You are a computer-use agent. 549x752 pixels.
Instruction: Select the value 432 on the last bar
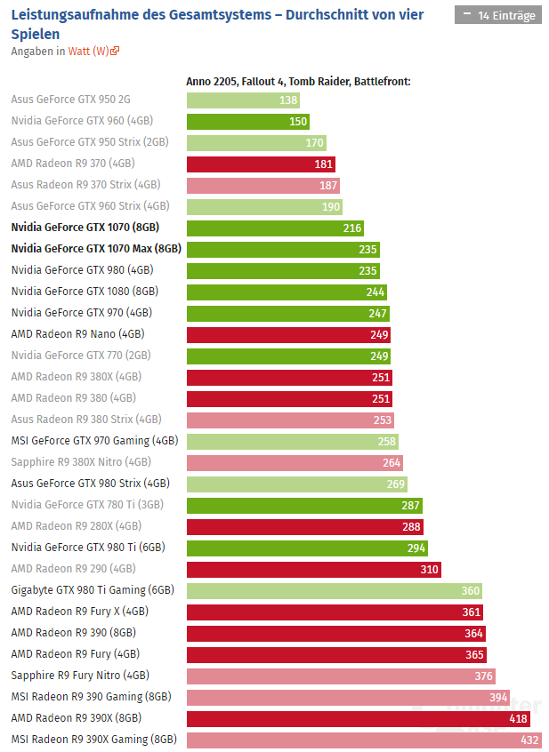point(530,740)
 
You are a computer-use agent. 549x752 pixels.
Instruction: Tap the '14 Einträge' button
point(497,15)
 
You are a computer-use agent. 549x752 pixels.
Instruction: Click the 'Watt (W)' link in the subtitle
point(89,51)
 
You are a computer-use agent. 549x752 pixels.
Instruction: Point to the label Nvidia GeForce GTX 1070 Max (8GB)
point(96,249)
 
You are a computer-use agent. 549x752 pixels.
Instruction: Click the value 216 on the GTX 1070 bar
point(352,228)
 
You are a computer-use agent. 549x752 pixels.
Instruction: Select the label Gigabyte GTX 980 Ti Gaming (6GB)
point(93,590)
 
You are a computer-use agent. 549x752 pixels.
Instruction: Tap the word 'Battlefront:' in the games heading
point(382,82)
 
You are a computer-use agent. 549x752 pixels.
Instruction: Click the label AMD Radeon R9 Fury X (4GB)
point(80,612)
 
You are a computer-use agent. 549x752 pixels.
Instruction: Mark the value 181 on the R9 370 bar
point(324,164)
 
